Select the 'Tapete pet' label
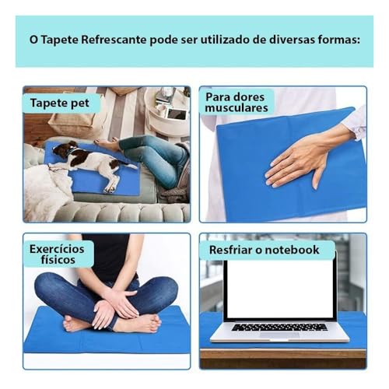coord(61,103)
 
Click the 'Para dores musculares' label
coord(237,102)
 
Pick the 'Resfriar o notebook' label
coord(265,250)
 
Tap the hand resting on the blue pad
coord(300,159)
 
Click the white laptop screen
coord(280,288)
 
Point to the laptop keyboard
coord(280,327)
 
